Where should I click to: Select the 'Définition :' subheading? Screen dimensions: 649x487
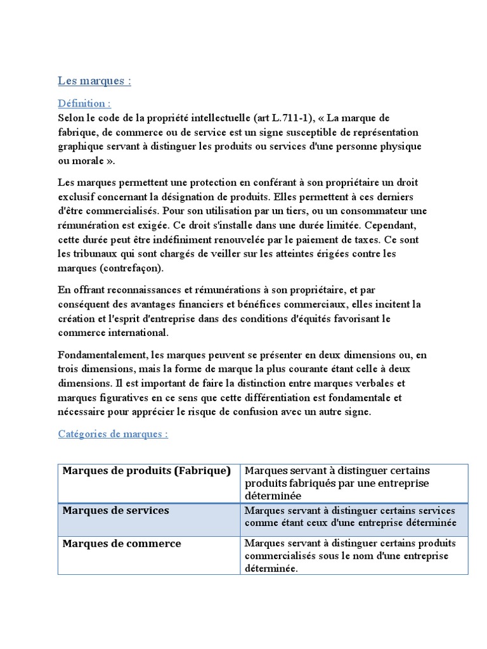point(84,103)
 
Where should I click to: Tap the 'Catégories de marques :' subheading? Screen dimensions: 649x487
point(113,434)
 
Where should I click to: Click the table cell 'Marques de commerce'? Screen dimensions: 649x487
point(120,544)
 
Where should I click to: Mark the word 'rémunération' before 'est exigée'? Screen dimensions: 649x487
point(88,225)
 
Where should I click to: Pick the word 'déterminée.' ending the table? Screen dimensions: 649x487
point(270,569)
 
